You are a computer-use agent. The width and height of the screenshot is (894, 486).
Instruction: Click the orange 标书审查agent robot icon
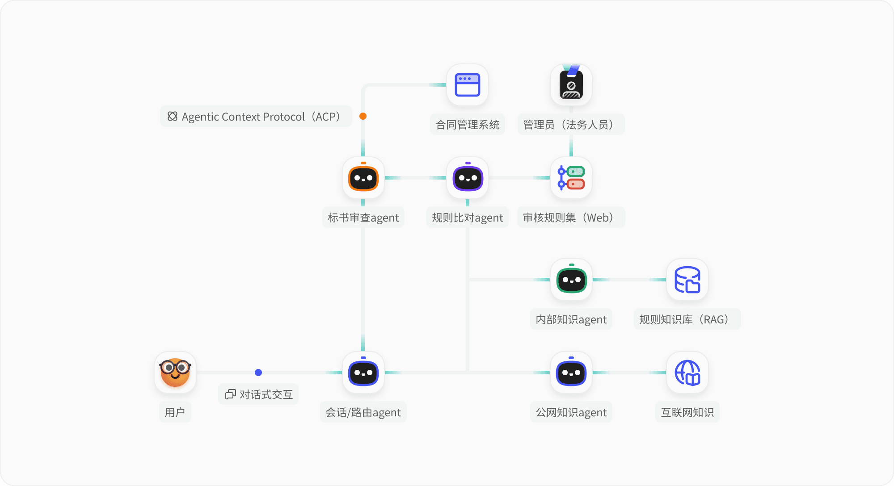363,178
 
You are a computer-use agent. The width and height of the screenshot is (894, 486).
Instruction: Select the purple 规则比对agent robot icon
468,178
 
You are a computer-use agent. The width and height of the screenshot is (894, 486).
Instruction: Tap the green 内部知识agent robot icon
571,280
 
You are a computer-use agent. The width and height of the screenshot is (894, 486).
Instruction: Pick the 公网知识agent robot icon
571,373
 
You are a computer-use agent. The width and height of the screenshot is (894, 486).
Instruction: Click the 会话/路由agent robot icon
363,373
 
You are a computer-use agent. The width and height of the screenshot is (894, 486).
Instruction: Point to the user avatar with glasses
175,373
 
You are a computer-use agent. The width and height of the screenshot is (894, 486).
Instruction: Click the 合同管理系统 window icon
468,85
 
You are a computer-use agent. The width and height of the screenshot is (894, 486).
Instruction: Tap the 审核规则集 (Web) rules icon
571,178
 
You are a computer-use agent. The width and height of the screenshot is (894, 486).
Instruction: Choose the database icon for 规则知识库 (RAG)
687,280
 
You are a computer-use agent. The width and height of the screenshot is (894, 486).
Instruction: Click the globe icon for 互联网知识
687,373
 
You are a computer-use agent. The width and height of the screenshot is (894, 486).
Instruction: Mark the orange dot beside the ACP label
363,116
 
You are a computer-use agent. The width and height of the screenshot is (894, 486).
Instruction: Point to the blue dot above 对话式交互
258,373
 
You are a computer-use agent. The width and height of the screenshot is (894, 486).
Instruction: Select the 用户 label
175,412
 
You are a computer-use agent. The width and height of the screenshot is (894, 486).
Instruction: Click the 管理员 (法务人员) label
571,125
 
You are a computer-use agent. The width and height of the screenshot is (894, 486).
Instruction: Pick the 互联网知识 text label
687,412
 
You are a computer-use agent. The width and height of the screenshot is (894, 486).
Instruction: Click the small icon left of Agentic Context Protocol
173,117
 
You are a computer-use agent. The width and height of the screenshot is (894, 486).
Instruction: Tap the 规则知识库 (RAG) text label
687,319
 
